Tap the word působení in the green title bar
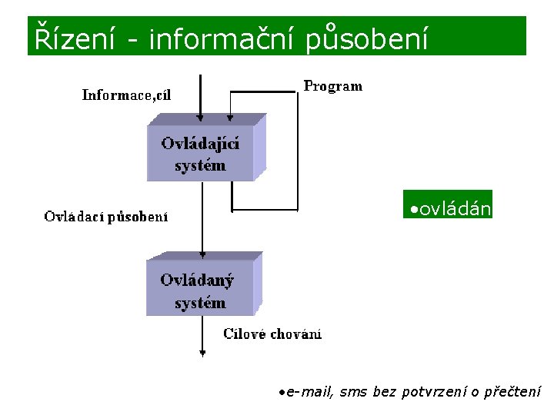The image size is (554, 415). (367, 38)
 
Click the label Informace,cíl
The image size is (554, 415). (127, 95)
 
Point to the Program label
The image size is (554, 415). (332, 86)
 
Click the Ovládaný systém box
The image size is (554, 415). (200, 291)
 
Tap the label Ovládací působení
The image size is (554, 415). (106, 217)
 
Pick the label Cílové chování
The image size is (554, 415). (272, 334)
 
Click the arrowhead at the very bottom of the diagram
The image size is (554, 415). (202, 354)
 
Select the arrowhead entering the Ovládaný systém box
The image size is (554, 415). (202, 254)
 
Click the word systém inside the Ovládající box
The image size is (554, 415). (200, 165)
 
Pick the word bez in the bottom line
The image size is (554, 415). (384, 393)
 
